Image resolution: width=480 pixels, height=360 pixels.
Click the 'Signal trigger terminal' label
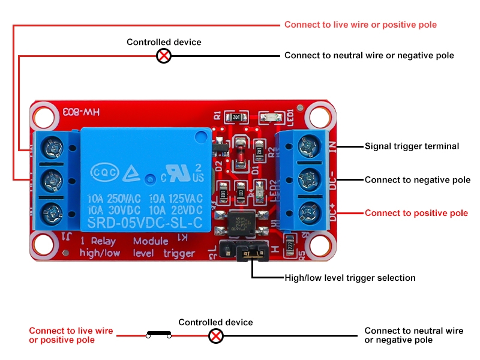tap(412, 146)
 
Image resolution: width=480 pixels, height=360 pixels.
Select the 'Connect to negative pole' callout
tap(418, 179)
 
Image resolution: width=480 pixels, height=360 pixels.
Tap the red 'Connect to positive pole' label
tap(416, 213)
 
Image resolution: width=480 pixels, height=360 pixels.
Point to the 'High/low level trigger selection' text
tap(350, 278)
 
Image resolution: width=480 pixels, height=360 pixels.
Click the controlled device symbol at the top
tap(164, 56)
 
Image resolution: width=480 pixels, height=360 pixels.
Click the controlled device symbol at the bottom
tap(215, 335)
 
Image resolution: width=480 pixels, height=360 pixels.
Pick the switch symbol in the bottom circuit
tap(159, 335)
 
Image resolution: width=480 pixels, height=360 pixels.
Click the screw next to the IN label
tap(309, 146)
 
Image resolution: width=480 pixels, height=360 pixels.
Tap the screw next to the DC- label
tap(309, 179)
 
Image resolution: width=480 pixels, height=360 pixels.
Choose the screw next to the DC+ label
tap(309, 211)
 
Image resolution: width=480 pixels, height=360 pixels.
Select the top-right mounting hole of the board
tap(314, 115)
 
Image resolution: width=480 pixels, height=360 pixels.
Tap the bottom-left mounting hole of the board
tap(44, 244)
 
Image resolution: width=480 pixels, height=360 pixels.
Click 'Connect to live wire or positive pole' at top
tap(360, 25)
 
